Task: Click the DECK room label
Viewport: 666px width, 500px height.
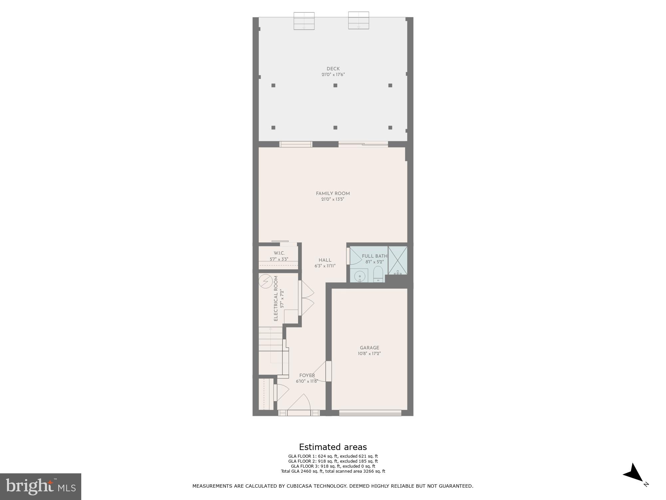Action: (x=333, y=69)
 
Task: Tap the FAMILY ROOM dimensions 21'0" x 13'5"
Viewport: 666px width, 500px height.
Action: (x=333, y=199)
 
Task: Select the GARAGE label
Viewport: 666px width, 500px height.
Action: (x=369, y=348)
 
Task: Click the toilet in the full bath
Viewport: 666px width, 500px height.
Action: (x=378, y=274)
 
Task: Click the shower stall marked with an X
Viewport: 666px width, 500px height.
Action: (x=398, y=260)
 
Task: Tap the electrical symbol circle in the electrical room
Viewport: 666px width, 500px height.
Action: (x=265, y=281)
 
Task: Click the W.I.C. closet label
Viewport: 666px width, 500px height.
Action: (x=279, y=253)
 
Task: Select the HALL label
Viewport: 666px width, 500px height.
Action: (x=325, y=260)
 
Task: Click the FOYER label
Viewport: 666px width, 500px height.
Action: (x=307, y=375)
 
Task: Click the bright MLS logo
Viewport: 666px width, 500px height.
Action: (x=41, y=486)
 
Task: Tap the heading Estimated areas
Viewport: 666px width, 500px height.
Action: (x=333, y=447)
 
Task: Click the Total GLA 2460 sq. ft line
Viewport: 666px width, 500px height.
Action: (x=333, y=471)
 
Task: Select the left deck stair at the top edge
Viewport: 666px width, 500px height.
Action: (x=304, y=21)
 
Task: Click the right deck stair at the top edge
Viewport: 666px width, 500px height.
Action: (x=359, y=20)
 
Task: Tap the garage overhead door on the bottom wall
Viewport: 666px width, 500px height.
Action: (x=370, y=413)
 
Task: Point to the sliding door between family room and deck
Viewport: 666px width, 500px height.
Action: (x=363, y=144)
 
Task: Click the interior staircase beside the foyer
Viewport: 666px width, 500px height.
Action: (x=270, y=350)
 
